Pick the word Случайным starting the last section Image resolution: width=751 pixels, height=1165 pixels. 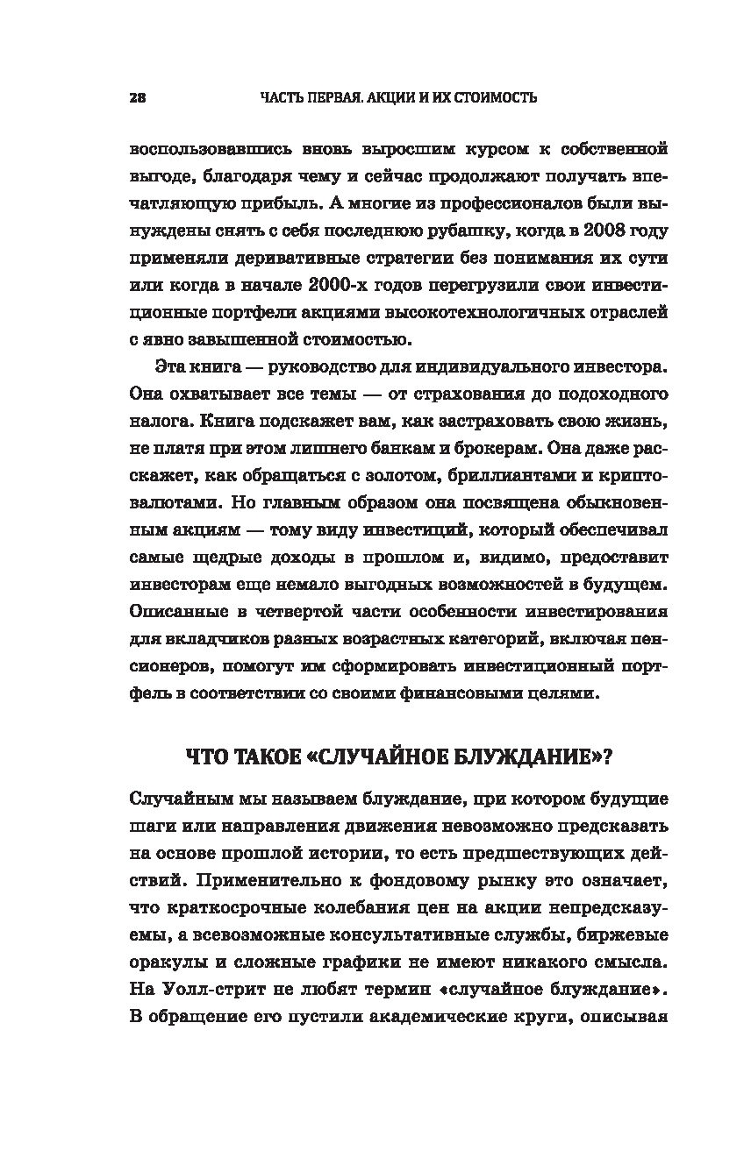pyautogui.click(x=181, y=799)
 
